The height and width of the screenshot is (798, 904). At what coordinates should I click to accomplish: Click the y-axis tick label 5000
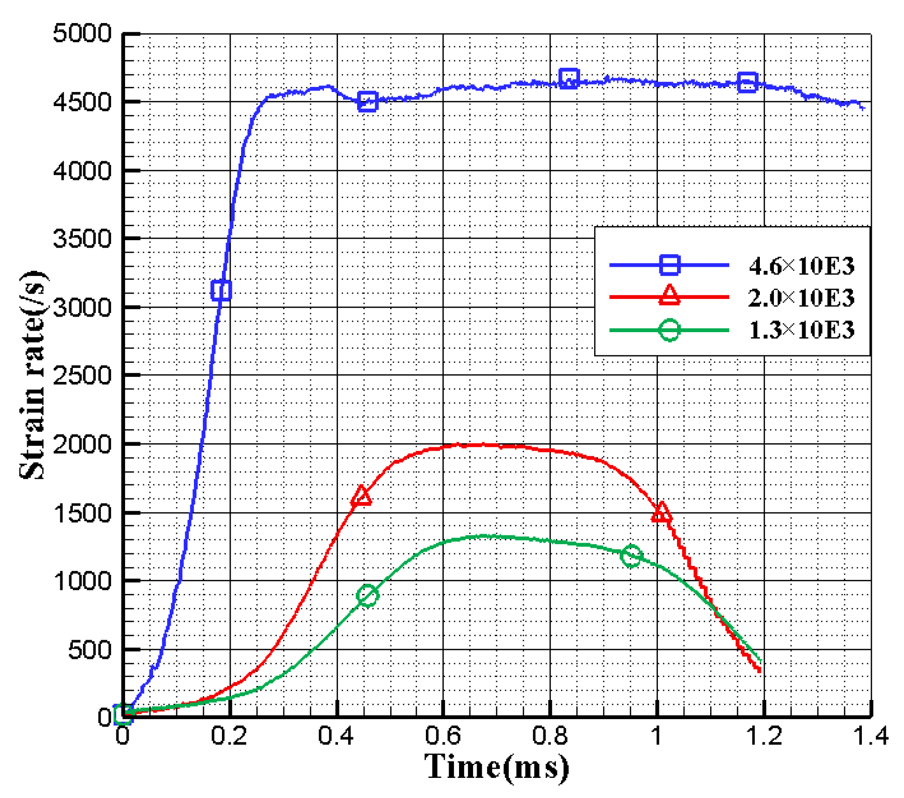coord(81,34)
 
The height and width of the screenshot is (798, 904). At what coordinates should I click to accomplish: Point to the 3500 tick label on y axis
coord(81,238)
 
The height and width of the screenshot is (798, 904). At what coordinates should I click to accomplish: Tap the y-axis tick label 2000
coord(81,444)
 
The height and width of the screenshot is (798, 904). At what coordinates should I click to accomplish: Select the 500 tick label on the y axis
coord(89,650)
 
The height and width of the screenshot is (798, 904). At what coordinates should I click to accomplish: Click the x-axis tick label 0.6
coord(444,736)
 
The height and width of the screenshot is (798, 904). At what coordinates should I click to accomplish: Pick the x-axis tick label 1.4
coord(871,736)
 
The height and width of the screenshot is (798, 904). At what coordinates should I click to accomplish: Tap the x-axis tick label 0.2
coord(229,736)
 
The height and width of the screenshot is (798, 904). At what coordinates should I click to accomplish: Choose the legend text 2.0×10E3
coord(802,298)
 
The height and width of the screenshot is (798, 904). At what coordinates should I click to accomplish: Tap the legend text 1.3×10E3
coord(802,330)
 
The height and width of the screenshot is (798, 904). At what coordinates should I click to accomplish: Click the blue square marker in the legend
coord(669,265)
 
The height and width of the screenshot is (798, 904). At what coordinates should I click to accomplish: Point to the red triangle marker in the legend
coord(669,296)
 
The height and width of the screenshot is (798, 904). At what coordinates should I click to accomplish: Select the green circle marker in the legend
coord(669,330)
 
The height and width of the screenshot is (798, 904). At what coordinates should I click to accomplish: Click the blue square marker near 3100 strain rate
coord(221,290)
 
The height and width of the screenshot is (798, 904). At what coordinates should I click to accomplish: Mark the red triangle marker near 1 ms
coord(661,513)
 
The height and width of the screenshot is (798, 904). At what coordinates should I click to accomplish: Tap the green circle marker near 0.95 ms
coord(631,556)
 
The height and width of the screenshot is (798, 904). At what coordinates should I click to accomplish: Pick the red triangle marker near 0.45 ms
coord(361,496)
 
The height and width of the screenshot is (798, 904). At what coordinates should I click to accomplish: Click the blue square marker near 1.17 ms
coord(747,82)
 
